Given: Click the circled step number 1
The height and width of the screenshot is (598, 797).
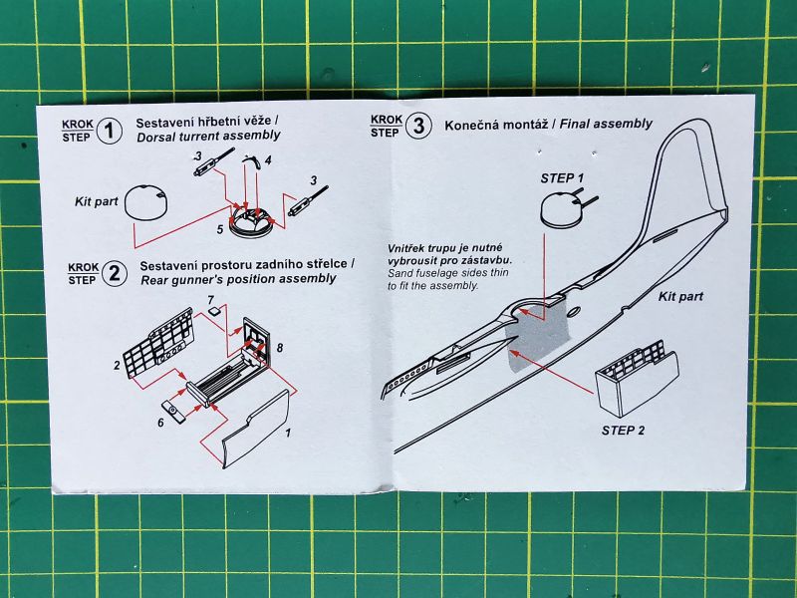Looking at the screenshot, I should pos(110,131).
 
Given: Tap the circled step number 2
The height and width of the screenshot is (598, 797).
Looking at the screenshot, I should pos(115,272).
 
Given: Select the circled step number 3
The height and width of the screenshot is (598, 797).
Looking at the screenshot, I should pos(418,126).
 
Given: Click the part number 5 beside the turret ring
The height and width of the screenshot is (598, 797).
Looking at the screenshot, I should pos(219,228).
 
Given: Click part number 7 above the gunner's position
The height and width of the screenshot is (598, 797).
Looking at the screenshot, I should pos(210,298).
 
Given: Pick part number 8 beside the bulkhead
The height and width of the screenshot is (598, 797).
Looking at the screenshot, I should pos(280,348).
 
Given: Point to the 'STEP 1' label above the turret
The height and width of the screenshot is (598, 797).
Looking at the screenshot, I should pos(562,177).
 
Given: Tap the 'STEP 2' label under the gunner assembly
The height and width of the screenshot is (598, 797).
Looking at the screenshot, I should pos(624,431).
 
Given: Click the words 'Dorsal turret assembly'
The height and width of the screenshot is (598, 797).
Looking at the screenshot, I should pos(208,136).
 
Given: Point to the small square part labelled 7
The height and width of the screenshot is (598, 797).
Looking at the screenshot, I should pos(215,312).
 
